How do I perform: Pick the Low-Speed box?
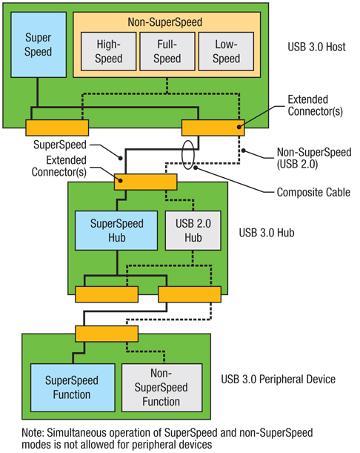click(x=226, y=51)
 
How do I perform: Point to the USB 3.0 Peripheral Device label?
click(x=278, y=379)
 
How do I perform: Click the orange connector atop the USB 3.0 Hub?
click(x=145, y=182)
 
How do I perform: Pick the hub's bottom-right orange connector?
click(x=190, y=294)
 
